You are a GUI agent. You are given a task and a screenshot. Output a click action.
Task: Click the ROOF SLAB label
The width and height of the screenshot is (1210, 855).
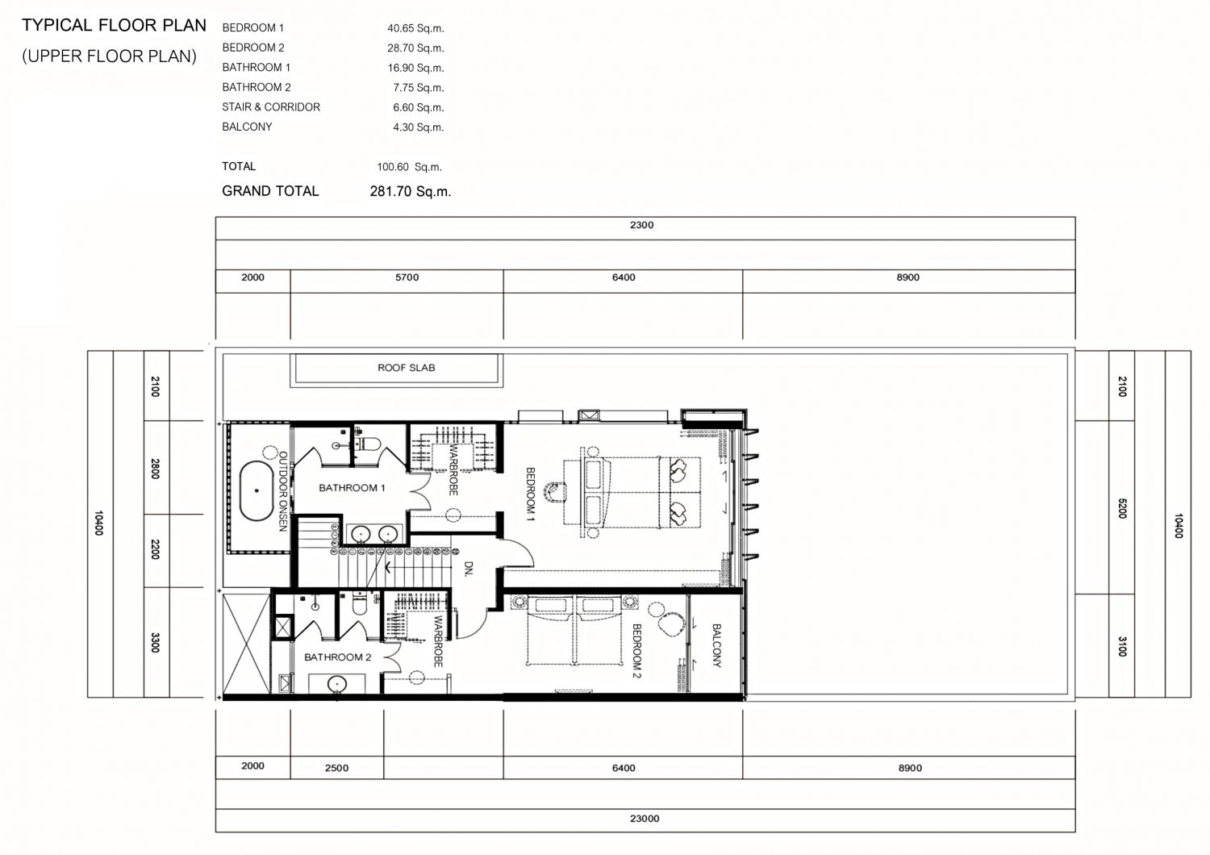(407, 368)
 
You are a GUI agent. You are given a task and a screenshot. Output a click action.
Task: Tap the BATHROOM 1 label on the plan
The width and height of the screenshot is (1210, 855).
(352, 488)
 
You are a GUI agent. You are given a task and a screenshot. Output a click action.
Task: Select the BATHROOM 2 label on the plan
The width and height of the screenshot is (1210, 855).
(338, 657)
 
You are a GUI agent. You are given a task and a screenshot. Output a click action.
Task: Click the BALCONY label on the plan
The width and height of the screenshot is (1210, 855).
(716, 645)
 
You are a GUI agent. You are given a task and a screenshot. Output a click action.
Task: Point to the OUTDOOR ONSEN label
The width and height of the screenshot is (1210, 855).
(282, 491)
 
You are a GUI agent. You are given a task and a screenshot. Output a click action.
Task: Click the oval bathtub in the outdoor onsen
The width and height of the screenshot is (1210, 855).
(257, 490)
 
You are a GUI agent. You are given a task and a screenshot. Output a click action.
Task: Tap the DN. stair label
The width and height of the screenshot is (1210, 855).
(469, 569)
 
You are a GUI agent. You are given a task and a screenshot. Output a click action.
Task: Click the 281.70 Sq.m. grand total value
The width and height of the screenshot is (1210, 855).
(410, 192)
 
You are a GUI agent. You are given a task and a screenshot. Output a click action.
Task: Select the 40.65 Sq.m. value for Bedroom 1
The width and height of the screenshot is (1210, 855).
(415, 28)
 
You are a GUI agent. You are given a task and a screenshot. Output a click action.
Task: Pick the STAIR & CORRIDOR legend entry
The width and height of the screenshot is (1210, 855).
(270, 107)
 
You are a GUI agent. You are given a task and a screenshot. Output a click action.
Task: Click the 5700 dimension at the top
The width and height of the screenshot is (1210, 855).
(407, 277)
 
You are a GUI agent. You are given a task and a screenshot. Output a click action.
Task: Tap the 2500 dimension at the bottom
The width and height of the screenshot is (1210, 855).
(336, 768)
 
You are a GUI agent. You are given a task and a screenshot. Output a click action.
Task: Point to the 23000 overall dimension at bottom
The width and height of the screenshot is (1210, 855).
(645, 819)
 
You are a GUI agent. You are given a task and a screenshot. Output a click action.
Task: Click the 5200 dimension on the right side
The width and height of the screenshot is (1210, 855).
(1122, 508)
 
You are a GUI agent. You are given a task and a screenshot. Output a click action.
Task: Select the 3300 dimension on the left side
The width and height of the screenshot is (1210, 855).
(155, 642)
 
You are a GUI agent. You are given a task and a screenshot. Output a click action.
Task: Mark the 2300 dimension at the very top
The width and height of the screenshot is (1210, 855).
(642, 225)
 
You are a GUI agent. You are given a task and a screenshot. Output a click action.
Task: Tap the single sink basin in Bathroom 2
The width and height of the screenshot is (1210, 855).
(338, 684)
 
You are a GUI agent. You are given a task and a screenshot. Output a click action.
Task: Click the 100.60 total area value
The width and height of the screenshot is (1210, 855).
(393, 168)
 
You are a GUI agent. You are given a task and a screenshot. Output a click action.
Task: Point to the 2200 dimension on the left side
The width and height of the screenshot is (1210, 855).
(155, 549)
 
